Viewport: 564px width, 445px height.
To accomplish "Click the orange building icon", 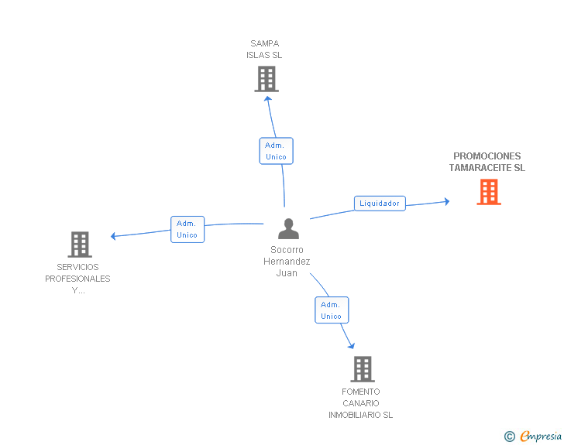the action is pos(489,192).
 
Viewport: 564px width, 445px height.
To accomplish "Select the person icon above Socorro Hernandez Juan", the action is pos(288,228).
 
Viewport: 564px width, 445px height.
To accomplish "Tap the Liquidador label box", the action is pos(380,204).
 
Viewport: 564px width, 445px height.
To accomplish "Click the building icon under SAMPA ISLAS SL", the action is pos(267,79).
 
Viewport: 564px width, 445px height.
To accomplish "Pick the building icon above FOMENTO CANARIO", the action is pos(363,369).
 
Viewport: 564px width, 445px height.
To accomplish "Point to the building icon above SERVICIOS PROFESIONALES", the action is pos(80,245).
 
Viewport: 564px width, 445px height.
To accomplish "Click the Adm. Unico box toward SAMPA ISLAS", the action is pos(277,151).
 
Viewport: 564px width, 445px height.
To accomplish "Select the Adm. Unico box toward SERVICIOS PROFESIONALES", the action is pos(187,229).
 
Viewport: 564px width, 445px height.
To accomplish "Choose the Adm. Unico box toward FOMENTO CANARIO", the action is pos(332,310).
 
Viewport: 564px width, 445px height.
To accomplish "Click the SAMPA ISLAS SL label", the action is pos(264,50).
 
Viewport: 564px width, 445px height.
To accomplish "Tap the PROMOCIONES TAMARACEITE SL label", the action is pos(487,162).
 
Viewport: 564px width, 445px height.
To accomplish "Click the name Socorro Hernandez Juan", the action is pos(287,262).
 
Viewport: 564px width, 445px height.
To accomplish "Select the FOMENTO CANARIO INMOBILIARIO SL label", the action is pos(361,403).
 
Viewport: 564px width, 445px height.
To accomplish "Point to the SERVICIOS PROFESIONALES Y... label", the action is pos(77,279).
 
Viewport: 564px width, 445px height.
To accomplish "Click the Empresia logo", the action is pos(541,436).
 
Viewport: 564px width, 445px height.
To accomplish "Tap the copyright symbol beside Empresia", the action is pos(510,436).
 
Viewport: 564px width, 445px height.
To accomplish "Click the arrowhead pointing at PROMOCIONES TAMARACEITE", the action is pos(447,201).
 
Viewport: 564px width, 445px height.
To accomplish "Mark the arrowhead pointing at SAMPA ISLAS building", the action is pos(267,99).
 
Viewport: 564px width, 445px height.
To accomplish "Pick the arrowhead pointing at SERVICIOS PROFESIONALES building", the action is pos(113,236).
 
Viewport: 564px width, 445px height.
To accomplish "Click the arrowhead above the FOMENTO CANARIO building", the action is pos(352,346).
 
